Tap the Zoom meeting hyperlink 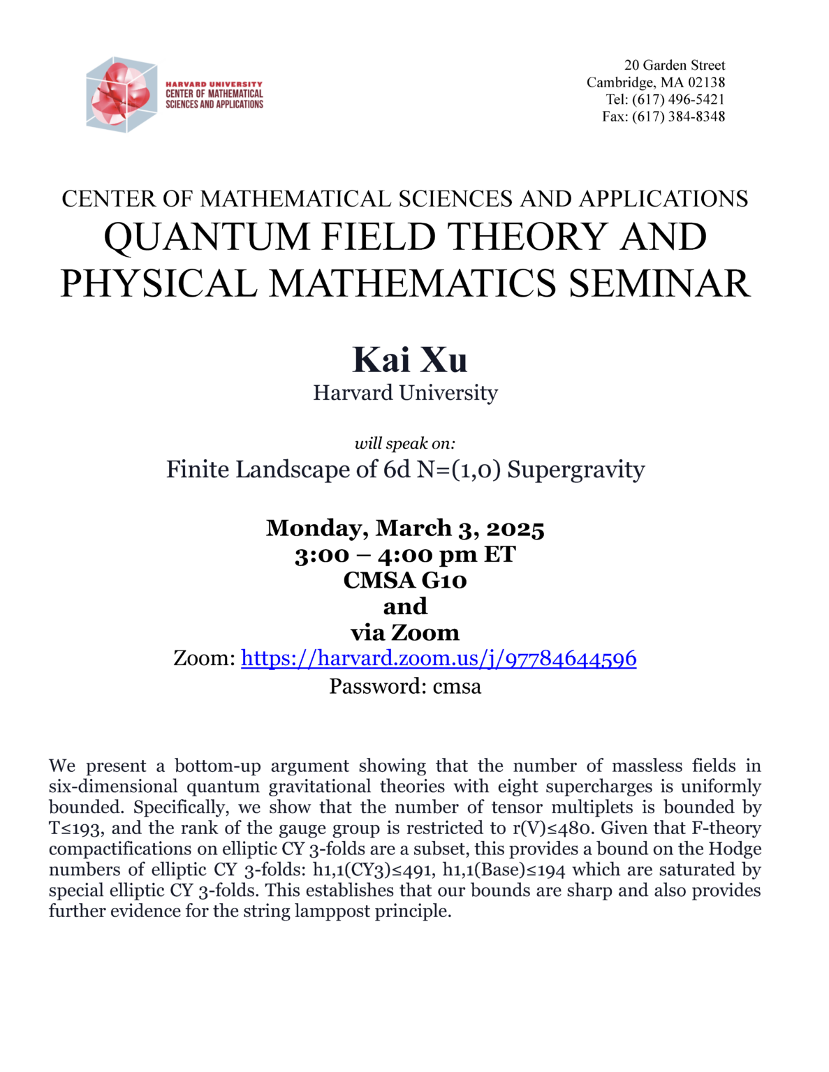pos(439,658)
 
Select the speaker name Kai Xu pos(410,360)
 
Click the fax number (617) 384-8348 pos(678,117)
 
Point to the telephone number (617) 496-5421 pos(678,99)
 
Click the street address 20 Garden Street pos(675,65)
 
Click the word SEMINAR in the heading pos(659,283)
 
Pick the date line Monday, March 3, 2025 pos(405,528)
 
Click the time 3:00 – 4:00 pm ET pos(405,555)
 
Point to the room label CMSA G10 pos(405,581)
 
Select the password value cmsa pos(457,687)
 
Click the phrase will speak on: pos(405,443)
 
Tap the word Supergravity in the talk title pos(575,470)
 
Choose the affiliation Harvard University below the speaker pos(405,393)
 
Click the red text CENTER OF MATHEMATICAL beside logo pos(214,94)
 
